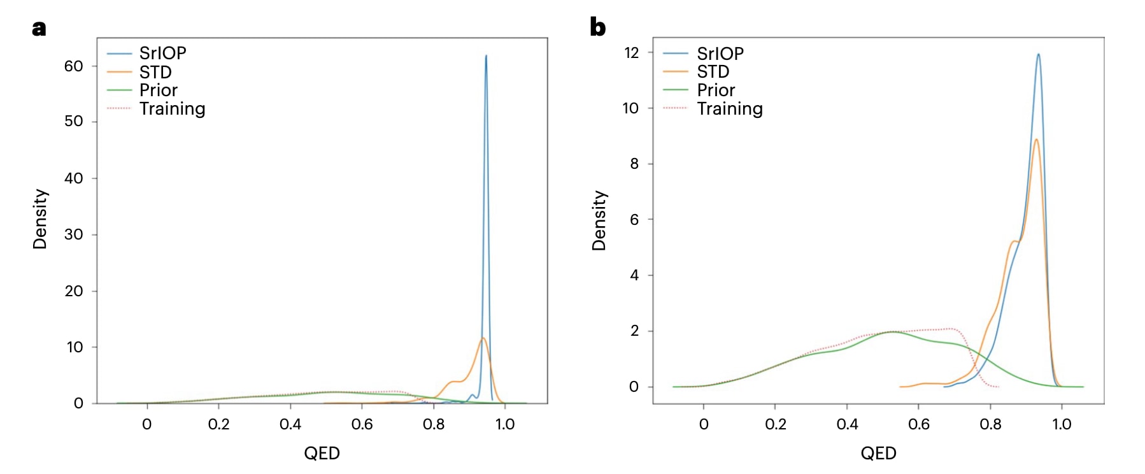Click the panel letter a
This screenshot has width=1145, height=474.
pyautogui.click(x=39, y=29)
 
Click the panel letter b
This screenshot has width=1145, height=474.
pyautogui.click(x=597, y=27)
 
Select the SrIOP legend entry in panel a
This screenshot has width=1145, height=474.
pyautogui.click(x=162, y=54)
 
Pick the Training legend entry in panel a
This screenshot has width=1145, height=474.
pyautogui.click(x=172, y=109)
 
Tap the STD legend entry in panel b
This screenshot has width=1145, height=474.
pyautogui.click(x=713, y=72)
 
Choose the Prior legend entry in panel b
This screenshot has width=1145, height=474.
pyautogui.click(x=716, y=90)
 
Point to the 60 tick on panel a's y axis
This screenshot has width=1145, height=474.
pyautogui.click(x=74, y=66)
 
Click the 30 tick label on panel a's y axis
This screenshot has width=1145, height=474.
pyautogui.click(x=74, y=234)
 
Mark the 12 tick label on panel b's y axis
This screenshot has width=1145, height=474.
pyautogui.click(x=631, y=53)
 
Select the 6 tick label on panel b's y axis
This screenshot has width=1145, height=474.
pyautogui.click(x=634, y=220)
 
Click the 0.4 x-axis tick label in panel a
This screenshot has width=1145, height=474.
pyautogui.click(x=290, y=424)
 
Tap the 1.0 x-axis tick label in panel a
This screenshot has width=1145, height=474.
pyautogui.click(x=505, y=424)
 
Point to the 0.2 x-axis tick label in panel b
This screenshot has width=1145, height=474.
pyautogui.click(x=776, y=424)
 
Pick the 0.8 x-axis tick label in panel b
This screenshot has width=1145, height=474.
pyautogui.click(x=990, y=424)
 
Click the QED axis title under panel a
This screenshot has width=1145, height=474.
pyautogui.click(x=322, y=454)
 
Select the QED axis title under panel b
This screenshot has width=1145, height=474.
pyautogui.click(x=878, y=454)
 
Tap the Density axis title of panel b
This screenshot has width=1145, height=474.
pyautogui.click(x=599, y=220)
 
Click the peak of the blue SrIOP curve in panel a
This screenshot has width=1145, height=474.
pyautogui.click(x=486, y=55)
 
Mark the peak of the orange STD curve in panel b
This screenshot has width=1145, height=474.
pyautogui.click(x=1036, y=140)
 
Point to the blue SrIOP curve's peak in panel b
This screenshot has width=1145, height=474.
pyautogui.click(x=1039, y=54)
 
